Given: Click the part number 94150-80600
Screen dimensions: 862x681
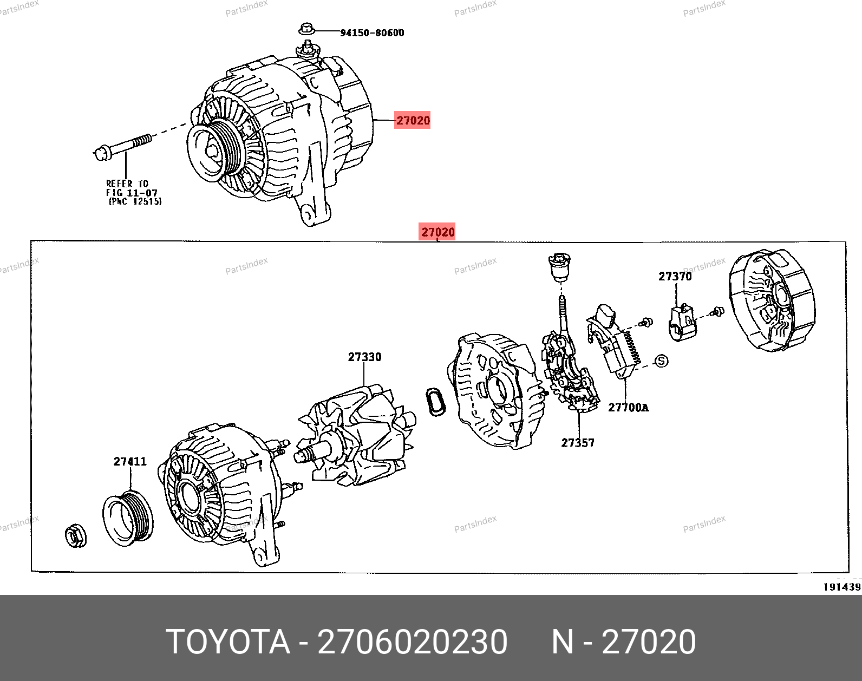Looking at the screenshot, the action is tap(372, 32).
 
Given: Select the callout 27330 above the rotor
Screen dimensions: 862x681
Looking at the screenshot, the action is tap(364, 357).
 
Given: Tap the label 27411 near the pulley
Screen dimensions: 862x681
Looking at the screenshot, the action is tap(130, 461).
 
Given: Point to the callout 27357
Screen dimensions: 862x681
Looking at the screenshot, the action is tap(578, 443).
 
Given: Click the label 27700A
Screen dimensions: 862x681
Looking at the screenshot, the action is tap(629, 408).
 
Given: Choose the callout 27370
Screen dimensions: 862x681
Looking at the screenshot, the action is tap(675, 277).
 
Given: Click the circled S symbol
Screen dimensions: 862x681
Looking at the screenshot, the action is tap(661, 361).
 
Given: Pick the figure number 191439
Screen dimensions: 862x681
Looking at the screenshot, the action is tap(842, 587).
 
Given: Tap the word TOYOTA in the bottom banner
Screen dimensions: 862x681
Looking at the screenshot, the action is tap(228, 642).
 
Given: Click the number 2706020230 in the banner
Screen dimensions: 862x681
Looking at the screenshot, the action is tap(413, 642).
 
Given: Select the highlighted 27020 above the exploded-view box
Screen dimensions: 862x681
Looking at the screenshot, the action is tap(437, 232).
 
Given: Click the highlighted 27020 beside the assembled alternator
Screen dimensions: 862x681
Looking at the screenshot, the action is tap(413, 120).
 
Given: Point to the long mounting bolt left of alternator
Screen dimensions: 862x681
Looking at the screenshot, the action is tap(122, 146).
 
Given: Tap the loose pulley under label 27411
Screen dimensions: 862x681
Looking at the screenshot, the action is tap(128, 518).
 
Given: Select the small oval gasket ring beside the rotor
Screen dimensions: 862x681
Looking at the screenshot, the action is tap(436, 402).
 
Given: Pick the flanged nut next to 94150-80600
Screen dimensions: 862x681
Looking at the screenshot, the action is tap(307, 29).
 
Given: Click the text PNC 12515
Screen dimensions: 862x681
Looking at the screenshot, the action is tap(135, 201).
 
